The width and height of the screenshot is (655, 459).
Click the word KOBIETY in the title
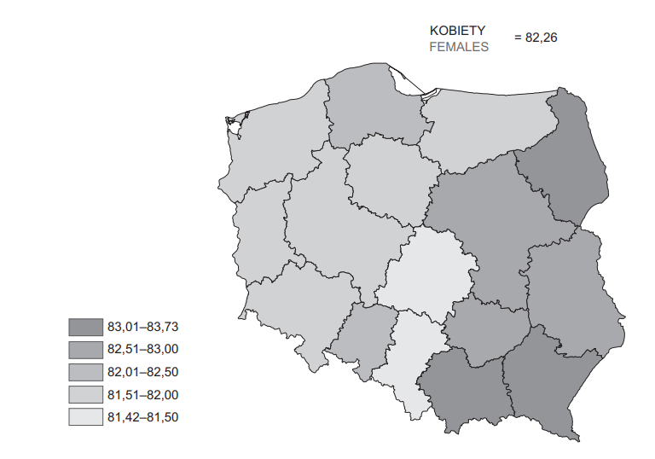(457, 31)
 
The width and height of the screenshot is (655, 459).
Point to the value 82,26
(536, 38)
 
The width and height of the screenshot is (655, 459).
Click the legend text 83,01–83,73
(142, 326)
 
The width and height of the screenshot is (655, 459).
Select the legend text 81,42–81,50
(142, 418)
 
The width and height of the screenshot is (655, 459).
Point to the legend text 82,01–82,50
(142, 372)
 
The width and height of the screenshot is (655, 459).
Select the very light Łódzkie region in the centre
(426, 273)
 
